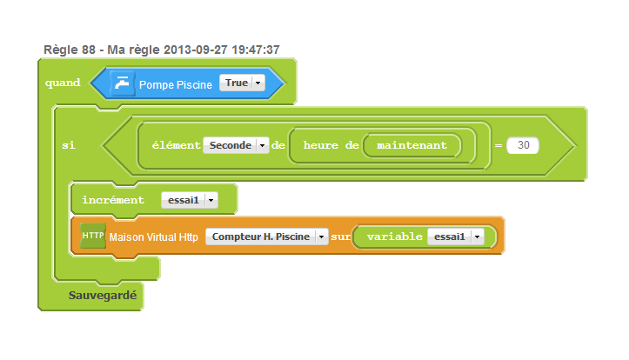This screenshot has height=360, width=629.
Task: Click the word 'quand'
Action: (x=62, y=83)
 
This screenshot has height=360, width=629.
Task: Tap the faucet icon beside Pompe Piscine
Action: (x=122, y=83)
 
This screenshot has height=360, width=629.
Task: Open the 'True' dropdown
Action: (x=242, y=83)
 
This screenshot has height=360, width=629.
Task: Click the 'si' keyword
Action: (x=68, y=145)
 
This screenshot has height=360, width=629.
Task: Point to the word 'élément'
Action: (x=176, y=145)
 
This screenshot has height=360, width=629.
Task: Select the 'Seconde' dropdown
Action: (x=236, y=145)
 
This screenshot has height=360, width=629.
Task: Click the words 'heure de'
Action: (x=331, y=145)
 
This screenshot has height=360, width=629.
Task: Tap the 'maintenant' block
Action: (x=412, y=145)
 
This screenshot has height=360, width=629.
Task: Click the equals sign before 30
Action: (x=499, y=146)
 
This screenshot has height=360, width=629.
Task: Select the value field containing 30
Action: (x=523, y=145)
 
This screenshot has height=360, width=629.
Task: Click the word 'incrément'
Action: (x=113, y=200)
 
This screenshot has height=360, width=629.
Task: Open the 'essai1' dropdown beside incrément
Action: (x=189, y=200)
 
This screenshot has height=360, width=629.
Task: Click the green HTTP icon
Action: (x=92, y=236)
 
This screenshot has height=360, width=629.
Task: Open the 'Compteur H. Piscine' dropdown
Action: (x=266, y=237)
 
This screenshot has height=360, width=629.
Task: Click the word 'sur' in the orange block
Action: (x=340, y=237)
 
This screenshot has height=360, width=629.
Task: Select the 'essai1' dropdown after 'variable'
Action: (x=455, y=237)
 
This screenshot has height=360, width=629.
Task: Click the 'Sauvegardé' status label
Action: (x=103, y=296)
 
